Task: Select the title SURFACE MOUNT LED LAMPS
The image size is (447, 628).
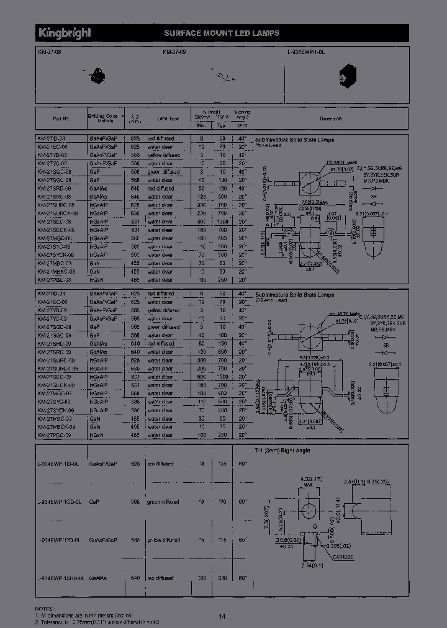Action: pos(221,33)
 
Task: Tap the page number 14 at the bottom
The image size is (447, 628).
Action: pos(222,616)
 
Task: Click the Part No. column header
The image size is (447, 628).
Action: pos(61,118)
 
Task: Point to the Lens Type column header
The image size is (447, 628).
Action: pos(168,118)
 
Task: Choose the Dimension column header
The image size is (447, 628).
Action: pos(330,118)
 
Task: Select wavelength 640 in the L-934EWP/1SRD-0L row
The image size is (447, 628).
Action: pos(133,578)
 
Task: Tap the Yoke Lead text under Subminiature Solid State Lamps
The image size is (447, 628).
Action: pos(268,145)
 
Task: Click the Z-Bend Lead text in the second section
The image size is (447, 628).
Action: pos(272,300)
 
